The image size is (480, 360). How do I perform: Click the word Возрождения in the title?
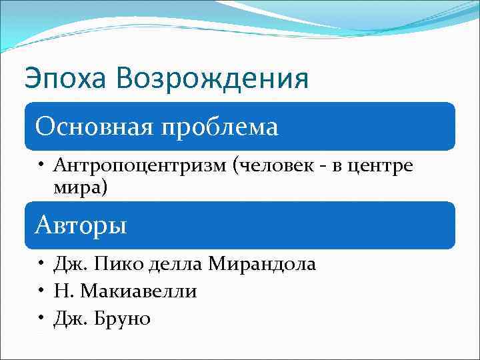(212, 79)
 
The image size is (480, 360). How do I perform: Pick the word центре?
(387, 166)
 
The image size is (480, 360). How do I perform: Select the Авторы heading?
(81, 225)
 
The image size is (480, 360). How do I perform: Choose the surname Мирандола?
(262, 265)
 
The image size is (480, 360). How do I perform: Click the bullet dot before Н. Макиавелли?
(41, 292)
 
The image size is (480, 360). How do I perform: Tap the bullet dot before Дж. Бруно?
(41, 319)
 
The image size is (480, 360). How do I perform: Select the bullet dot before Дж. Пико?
(41, 265)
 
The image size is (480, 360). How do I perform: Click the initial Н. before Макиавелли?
(63, 292)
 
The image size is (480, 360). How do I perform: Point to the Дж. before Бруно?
(69, 319)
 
